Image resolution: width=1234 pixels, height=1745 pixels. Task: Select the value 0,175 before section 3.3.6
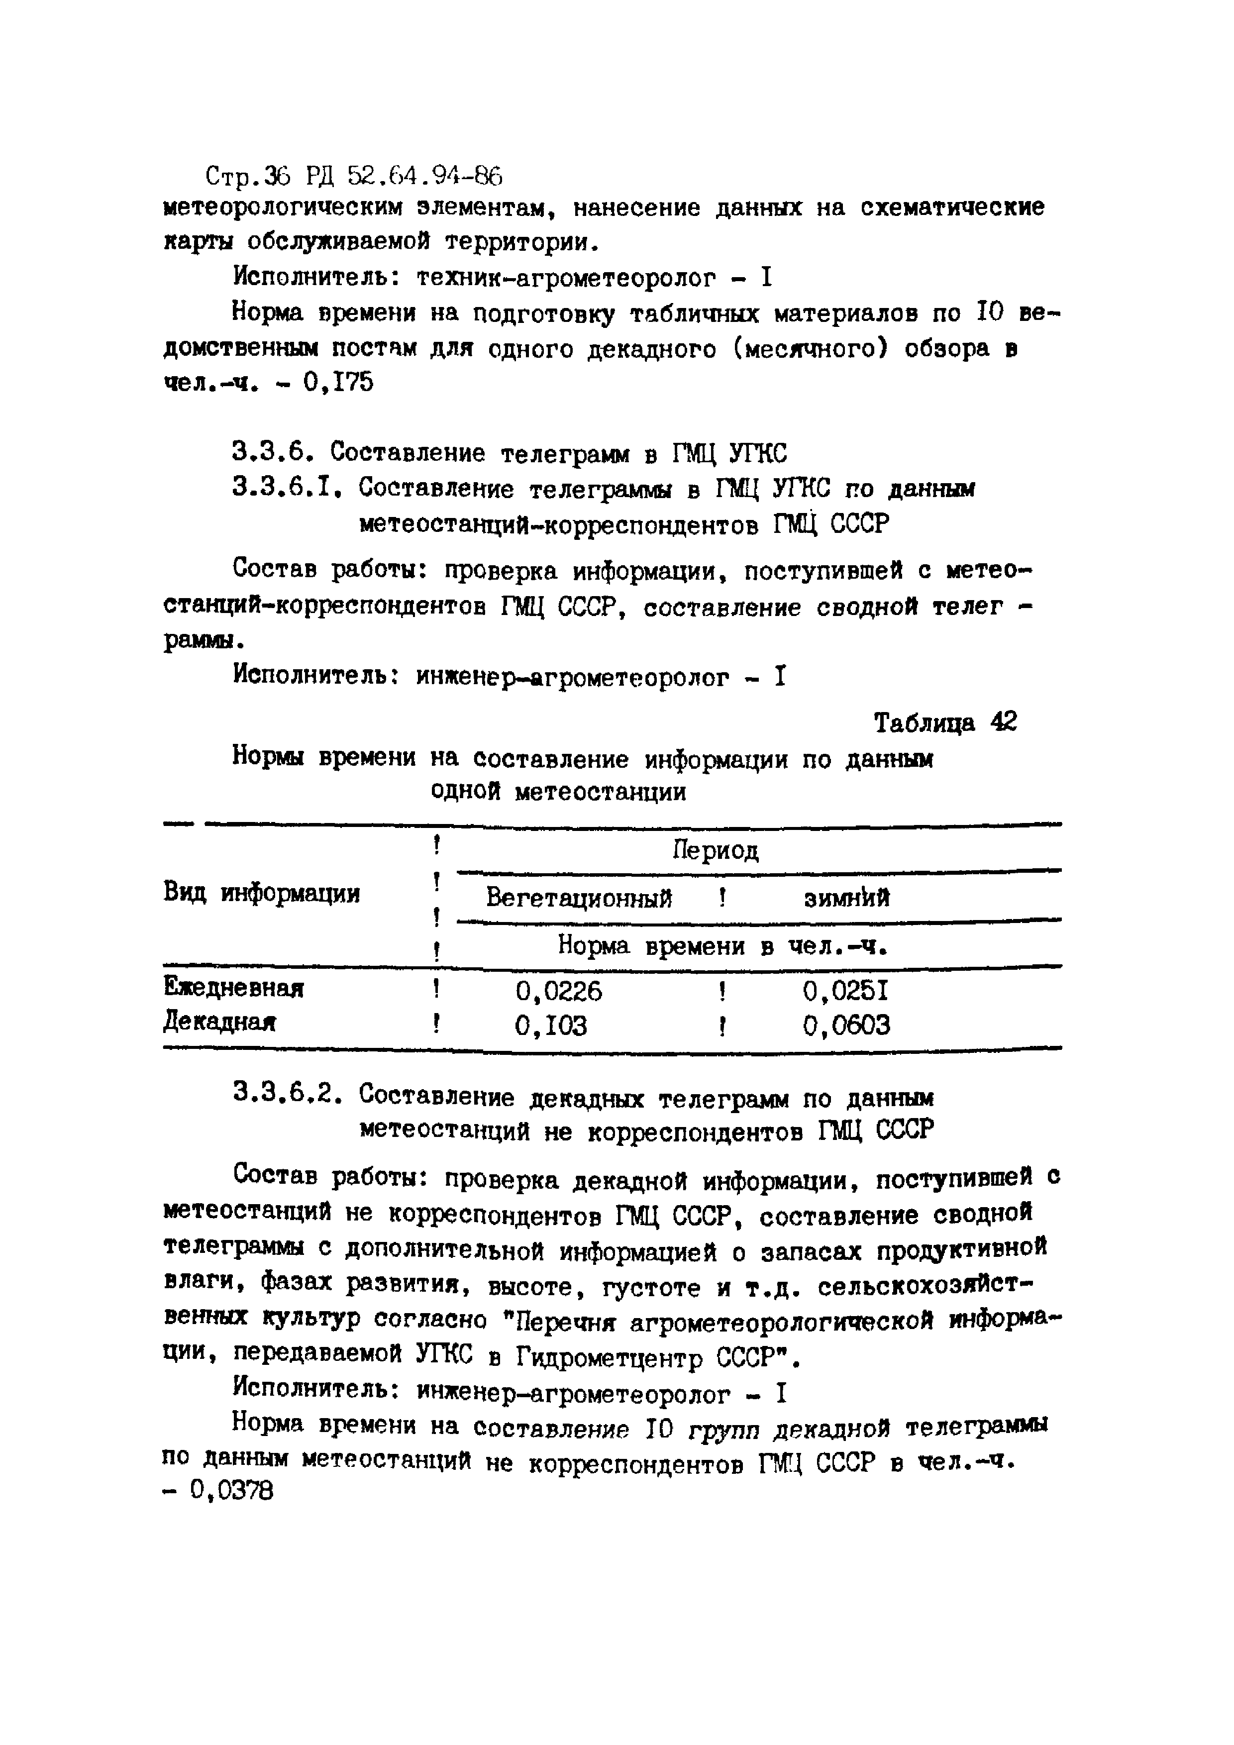click(338, 382)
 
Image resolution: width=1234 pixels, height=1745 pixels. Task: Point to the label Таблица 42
click(944, 722)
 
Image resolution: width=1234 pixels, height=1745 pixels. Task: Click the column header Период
click(716, 850)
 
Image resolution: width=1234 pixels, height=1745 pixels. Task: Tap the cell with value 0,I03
click(551, 1026)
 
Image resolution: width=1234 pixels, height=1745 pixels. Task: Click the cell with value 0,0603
click(846, 1026)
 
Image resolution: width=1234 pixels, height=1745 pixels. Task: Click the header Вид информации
click(261, 893)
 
